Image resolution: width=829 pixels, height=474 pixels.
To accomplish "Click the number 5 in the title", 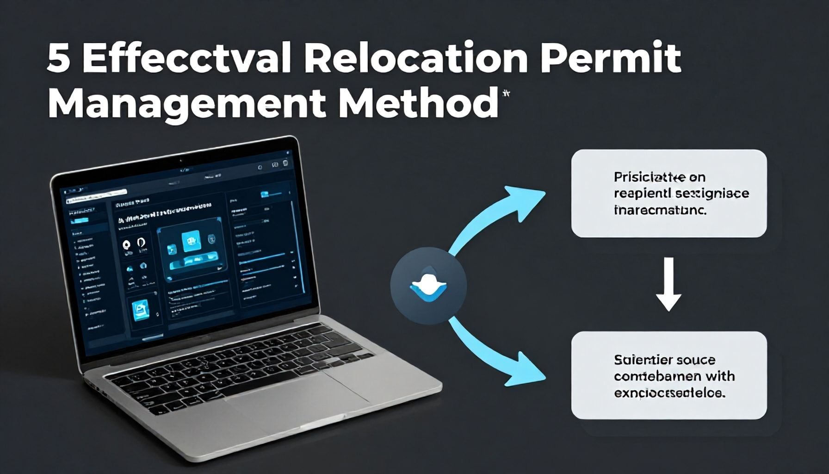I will (x=58, y=59).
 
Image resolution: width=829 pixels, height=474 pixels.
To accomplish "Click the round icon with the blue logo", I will (x=428, y=286).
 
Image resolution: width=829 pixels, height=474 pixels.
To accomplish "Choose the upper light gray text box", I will (x=668, y=193).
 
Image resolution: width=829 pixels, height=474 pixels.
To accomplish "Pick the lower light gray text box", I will (x=668, y=375).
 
